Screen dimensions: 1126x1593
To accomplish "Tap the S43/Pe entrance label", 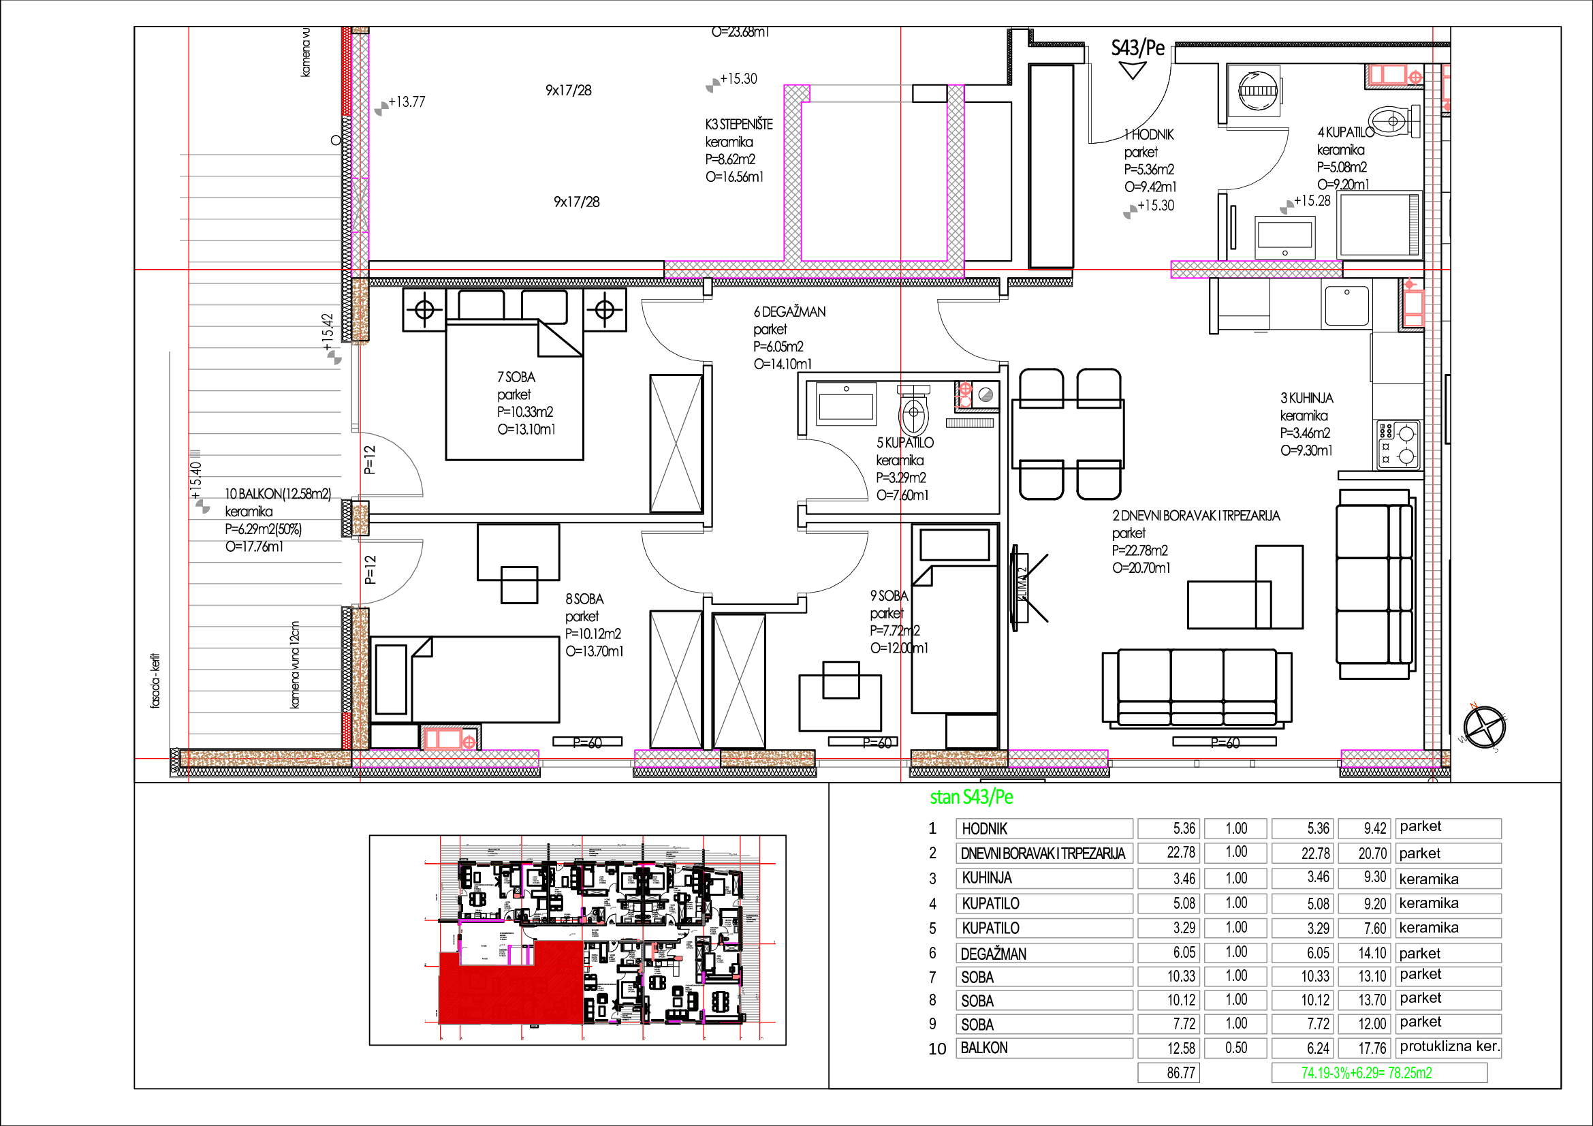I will [1138, 48].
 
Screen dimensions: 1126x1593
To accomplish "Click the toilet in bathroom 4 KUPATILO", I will [1394, 121].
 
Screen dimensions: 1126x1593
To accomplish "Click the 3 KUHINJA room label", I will [1306, 398].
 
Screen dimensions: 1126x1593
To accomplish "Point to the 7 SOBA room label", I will [516, 377].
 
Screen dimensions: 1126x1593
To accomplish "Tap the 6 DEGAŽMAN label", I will [789, 312].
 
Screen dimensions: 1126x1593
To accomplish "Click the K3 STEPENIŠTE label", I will [739, 125].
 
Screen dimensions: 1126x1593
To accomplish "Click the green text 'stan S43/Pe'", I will [971, 797].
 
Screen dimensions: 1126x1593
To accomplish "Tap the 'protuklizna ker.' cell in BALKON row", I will [1449, 1047].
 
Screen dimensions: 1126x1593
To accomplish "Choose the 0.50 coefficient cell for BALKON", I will [1235, 1048].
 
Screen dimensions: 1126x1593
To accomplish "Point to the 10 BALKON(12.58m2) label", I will [277, 494].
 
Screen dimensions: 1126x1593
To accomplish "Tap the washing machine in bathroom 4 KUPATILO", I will [1259, 91].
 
